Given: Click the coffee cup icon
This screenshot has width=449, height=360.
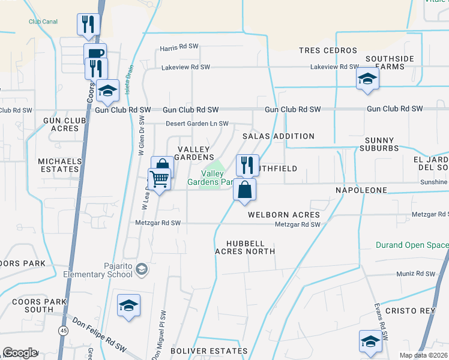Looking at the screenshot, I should (x=95, y=53).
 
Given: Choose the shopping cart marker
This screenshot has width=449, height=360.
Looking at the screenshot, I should (x=159, y=178).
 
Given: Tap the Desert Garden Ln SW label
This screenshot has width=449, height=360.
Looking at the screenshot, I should (x=197, y=124).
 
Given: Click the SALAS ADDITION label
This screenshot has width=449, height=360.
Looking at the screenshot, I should (x=278, y=136).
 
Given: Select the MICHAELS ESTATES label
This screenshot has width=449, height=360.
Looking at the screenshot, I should (x=59, y=166).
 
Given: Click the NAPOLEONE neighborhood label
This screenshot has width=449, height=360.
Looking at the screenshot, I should (x=361, y=190).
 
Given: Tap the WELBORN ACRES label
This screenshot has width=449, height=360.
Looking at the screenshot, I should (x=283, y=215).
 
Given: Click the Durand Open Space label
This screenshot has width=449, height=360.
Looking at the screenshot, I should (x=412, y=245).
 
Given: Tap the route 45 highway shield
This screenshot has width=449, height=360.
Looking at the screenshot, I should (x=64, y=330).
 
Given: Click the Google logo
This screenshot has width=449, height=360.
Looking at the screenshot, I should (x=20, y=353).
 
